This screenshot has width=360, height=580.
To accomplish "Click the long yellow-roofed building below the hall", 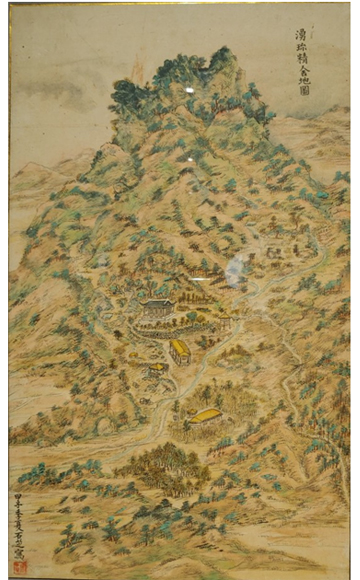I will [180, 351].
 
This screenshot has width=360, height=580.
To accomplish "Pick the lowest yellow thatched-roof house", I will [206, 415].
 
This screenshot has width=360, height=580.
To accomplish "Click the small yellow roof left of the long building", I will [158, 368].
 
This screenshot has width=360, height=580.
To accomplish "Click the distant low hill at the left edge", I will [30, 180].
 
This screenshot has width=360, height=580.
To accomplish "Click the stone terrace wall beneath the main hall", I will [160, 326].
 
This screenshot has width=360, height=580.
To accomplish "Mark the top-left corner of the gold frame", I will [8, 5].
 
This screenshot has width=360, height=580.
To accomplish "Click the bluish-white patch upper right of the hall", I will [237, 267].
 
